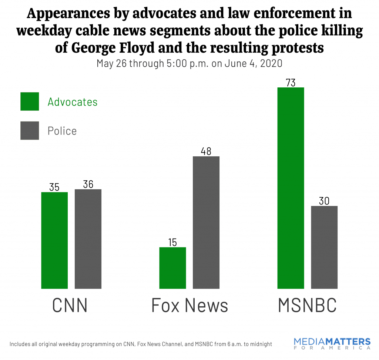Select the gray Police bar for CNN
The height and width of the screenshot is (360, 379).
(88, 239)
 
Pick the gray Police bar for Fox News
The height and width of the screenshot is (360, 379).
(206, 222)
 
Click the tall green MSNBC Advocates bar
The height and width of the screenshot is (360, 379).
(291, 188)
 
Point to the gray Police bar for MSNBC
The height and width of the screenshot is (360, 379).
(324, 247)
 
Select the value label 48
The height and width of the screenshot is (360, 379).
(206, 151)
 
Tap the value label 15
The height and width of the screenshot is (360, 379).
(172, 242)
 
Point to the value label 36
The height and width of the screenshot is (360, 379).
(88, 184)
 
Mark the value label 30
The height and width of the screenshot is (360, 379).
(324, 201)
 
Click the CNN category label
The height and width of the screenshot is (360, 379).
(70, 306)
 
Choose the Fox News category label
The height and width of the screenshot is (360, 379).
(189, 306)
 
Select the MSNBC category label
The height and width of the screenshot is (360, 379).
(307, 306)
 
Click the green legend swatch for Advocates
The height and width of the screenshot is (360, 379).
(30, 101)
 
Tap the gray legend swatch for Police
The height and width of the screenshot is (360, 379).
(30, 130)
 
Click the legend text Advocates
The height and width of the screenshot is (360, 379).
(73, 102)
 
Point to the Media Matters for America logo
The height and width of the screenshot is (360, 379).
(332, 343)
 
